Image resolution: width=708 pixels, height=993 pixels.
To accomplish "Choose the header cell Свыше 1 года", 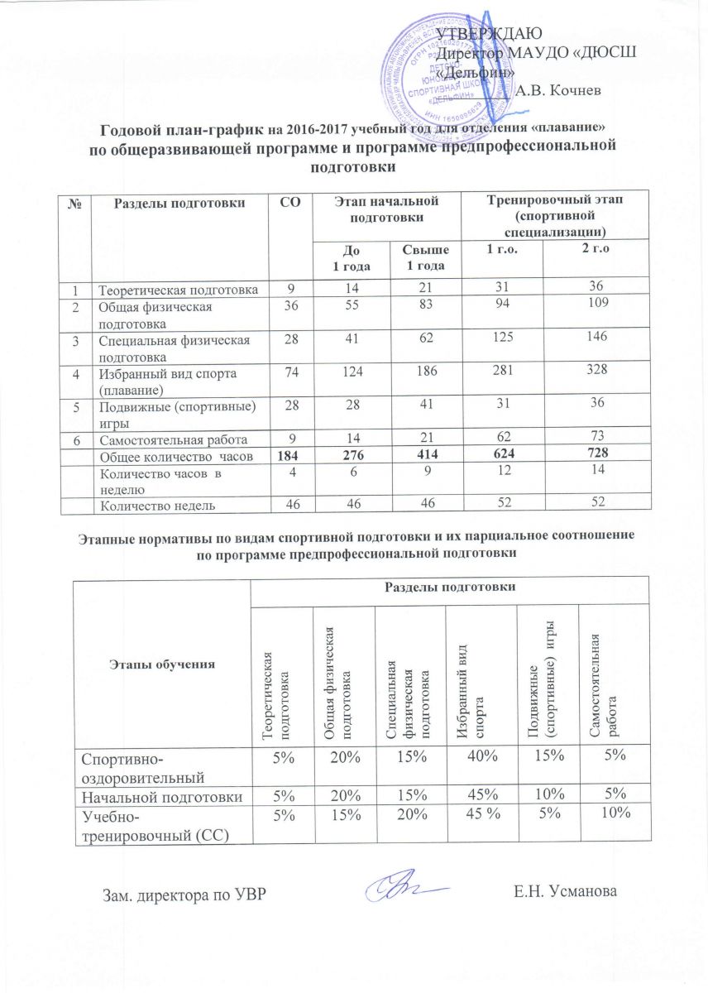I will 419,257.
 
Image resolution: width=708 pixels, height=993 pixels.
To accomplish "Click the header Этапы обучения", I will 160,664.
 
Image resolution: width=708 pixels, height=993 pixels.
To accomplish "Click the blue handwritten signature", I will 409,886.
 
